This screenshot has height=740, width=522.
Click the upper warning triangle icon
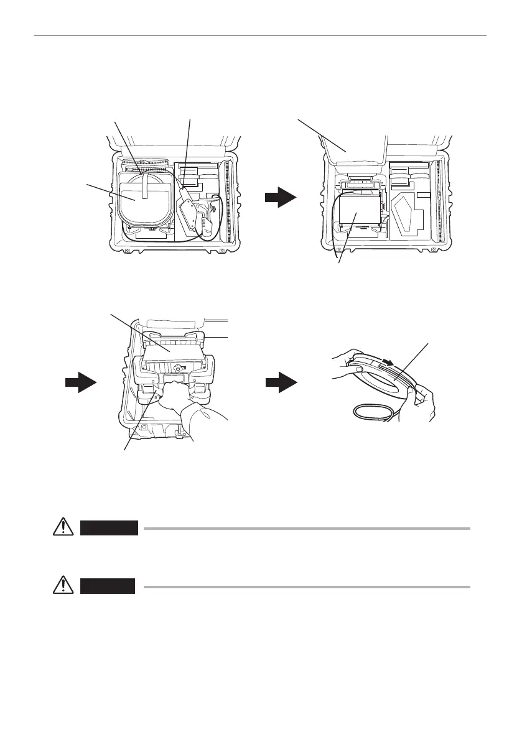pyautogui.click(x=61, y=527)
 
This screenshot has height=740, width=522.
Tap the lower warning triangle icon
pyautogui.click(x=61, y=585)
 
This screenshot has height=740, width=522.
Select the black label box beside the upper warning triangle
pyautogui.click(x=109, y=528)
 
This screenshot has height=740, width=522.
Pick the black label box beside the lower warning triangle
pyautogui.click(x=107, y=586)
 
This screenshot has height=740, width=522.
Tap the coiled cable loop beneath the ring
pyautogui.click(x=373, y=412)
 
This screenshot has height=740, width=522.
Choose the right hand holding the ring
pyautogui.click(x=423, y=398)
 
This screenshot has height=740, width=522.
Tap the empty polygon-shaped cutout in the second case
pyautogui.click(x=407, y=215)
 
